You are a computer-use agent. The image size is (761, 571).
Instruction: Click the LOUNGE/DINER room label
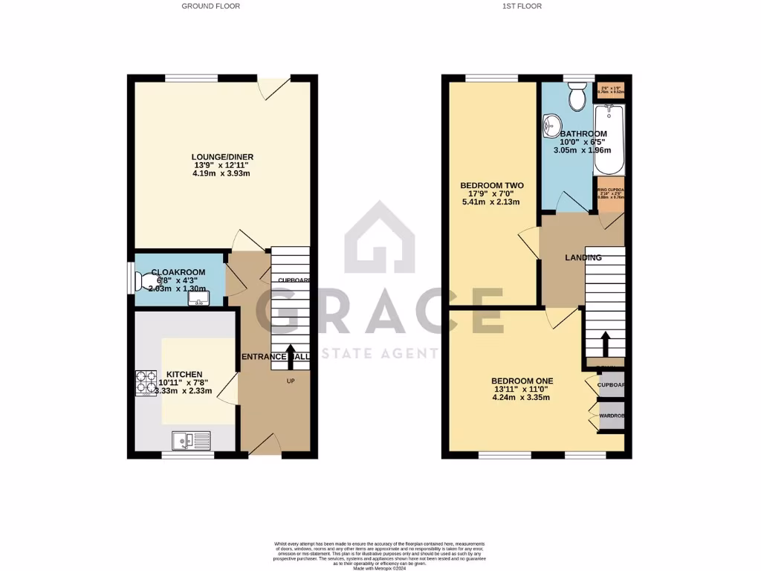(x=222, y=157)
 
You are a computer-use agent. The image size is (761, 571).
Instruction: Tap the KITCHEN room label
(x=184, y=374)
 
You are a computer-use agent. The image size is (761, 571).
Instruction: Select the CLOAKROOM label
(x=178, y=273)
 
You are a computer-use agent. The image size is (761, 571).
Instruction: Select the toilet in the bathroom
(x=575, y=95)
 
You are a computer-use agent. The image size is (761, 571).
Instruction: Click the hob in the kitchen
(x=145, y=381)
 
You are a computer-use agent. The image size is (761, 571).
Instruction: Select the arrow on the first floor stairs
(x=604, y=344)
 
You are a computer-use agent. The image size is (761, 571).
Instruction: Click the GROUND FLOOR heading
(x=211, y=6)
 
